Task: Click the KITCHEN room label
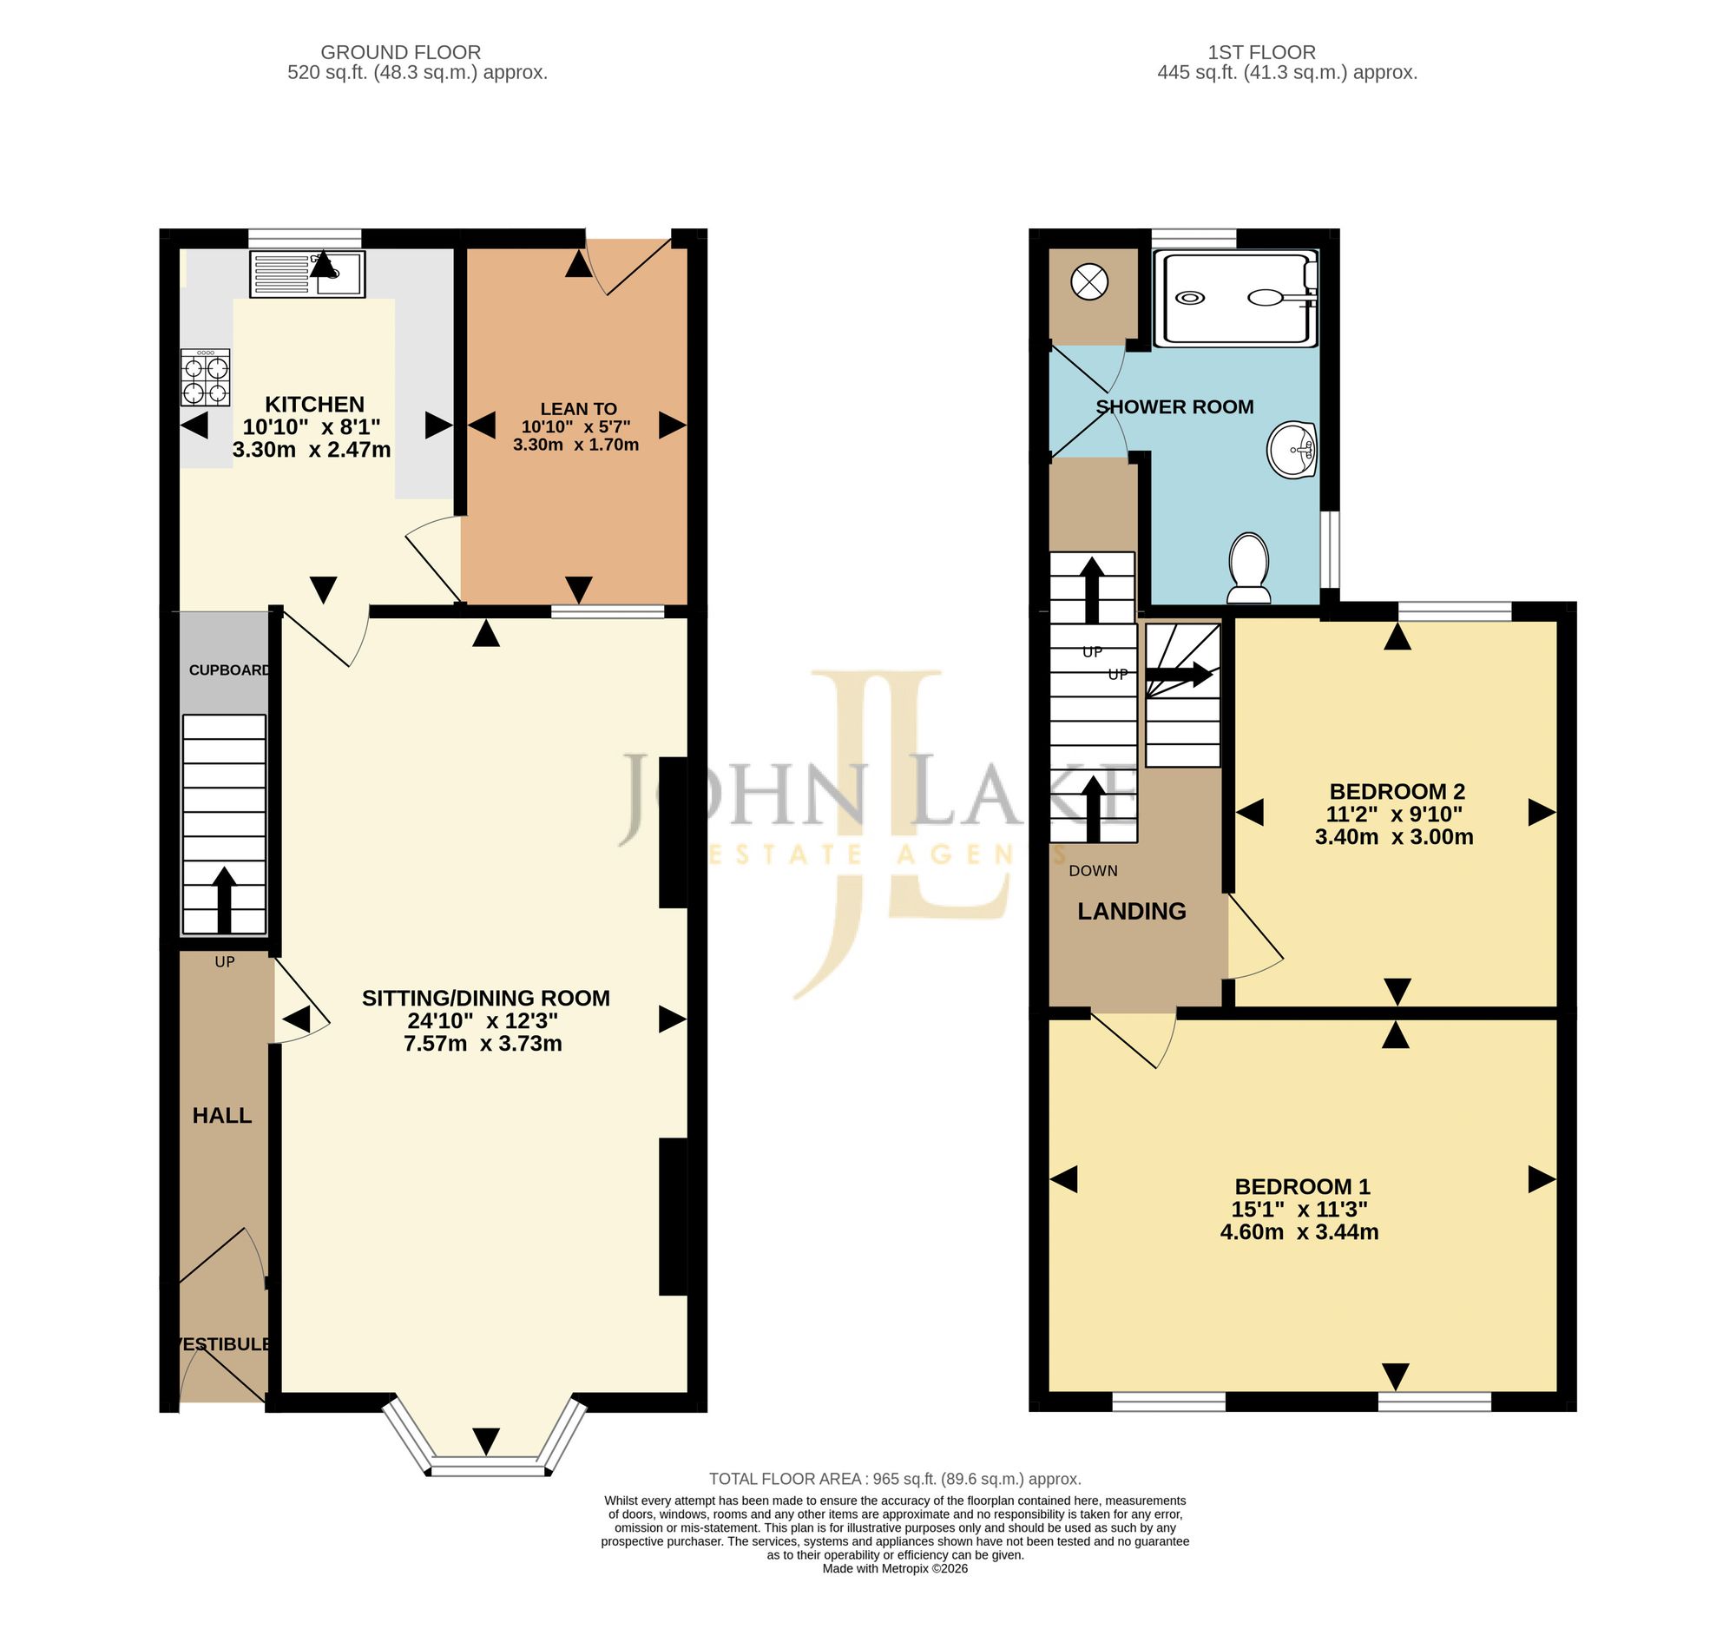point(314,405)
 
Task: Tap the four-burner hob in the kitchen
point(205,378)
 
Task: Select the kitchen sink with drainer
point(307,274)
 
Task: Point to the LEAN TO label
point(578,409)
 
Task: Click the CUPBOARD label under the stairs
point(230,670)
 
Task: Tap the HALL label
point(222,1115)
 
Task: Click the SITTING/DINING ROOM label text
point(485,999)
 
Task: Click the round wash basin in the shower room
point(1292,450)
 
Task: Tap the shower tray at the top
point(1236,298)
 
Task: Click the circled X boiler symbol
point(1090,282)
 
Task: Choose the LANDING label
point(1132,912)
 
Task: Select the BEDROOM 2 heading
point(1397,791)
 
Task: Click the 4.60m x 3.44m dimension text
point(1299,1231)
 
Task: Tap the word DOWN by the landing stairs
point(1094,870)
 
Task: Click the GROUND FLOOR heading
point(401,52)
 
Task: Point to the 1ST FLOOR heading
point(1262,52)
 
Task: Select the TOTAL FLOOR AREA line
point(895,1479)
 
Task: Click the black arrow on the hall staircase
point(225,900)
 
